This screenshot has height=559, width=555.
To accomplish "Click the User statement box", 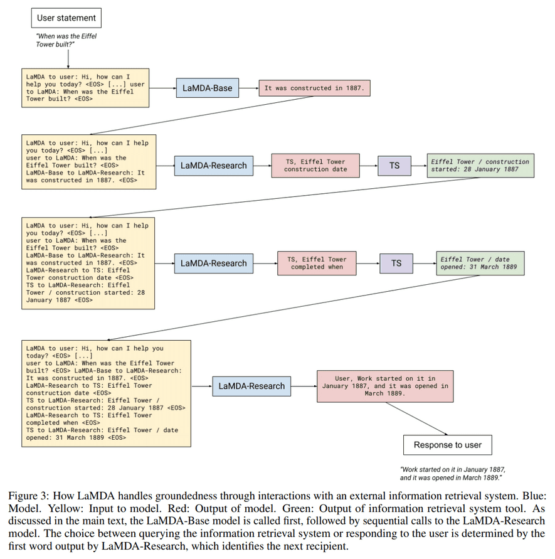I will [x=66, y=18].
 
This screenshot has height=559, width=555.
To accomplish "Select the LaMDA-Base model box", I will [x=207, y=88].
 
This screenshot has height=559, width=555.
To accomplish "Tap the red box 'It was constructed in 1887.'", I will [x=314, y=88].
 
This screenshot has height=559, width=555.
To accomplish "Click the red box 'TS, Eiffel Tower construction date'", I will [x=315, y=166].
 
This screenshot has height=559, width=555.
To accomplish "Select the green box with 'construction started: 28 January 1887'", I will [x=480, y=166].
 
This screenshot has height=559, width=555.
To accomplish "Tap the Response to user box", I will [x=447, y=445].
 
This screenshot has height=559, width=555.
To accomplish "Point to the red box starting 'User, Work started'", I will [x=385, y=386].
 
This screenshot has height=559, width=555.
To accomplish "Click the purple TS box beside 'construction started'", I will [x=394, y=166].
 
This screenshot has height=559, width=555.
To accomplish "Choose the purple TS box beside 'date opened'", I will [x=396, y=263].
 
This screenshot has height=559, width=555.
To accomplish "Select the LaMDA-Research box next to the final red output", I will [x=251, y=386].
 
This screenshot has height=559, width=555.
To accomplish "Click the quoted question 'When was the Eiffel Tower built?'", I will [x=66, y=40].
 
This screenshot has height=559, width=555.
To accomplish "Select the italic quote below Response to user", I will [x=452, y=473].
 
